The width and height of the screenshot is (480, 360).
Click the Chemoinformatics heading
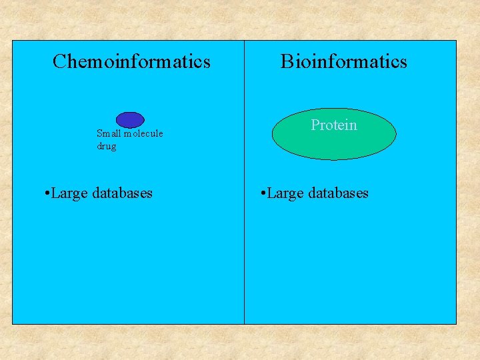[131, 62]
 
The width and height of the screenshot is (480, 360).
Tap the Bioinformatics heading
[343, 62]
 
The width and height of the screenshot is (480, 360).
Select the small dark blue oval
[130, 120]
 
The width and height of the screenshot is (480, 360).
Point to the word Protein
[334, 125]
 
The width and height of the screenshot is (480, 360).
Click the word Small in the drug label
[107, 134]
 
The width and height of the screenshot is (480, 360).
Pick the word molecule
[142, 134]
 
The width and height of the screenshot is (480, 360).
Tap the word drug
[106, 146]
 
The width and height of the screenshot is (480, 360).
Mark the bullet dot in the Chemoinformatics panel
[43, 194]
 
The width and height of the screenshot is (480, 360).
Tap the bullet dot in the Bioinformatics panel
[264, 194]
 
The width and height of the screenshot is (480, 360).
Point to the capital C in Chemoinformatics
[59, 62]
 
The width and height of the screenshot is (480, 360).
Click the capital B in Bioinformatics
[287, 62]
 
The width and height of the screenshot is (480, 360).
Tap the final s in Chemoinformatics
[207, 63]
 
